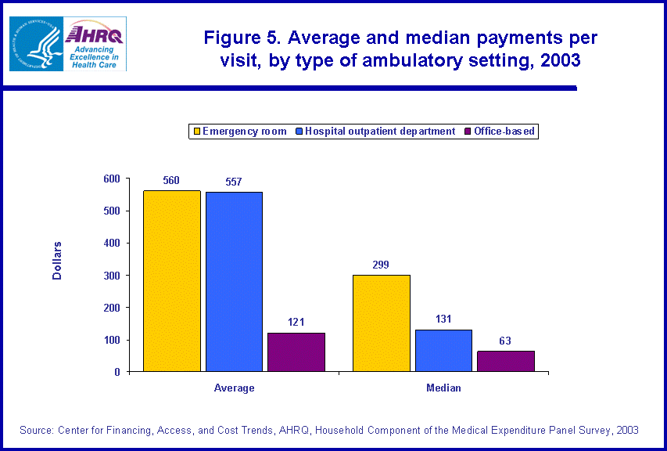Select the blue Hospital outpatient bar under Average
[x=234, y=281]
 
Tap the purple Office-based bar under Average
[x=296, y=352]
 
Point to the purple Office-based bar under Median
[x=506, y=361]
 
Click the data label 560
[x=171, y=181]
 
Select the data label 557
[x=234, y=182]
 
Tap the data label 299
[x=382, y=265]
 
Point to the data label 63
[x=506, y=341]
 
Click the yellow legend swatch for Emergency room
[x=196, y=132]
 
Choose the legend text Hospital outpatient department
[x=380, y=132]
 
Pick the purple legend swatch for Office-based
[x=468, y=132]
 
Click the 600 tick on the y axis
[x=112, y=179]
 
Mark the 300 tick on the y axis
[x=112, y=276]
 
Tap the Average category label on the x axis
[x=234, y=388]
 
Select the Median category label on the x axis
[x=443, y=388]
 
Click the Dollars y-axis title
[x=57, y=261]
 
